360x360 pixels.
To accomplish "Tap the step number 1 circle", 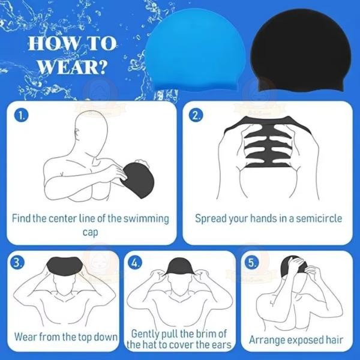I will tap(22, 116).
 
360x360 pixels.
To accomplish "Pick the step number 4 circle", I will tap(136, 262).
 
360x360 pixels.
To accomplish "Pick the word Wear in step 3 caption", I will tap(27, 337).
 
